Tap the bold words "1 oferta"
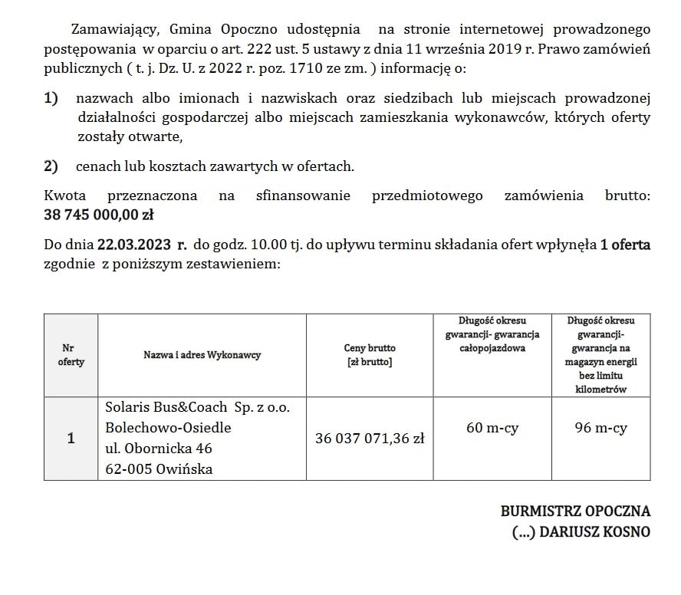coord(625,246)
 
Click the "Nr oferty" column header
coord(71,354)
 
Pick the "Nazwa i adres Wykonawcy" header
coord(202,355)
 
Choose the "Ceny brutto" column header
coord(370,354)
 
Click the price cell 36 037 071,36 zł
coord(370,439)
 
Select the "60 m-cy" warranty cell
coord(492,429)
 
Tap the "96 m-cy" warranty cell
coord(601,429)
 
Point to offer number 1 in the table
coord(71,439)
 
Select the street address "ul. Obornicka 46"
coord(158,449)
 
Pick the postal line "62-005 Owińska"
coord(159,468)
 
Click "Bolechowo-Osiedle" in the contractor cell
coord(168,428)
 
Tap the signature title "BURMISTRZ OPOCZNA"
coord(575,511)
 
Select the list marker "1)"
coord(51,98)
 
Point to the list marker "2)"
coord(51,166)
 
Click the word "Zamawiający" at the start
coord(114,30)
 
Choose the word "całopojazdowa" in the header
coord(492,347)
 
